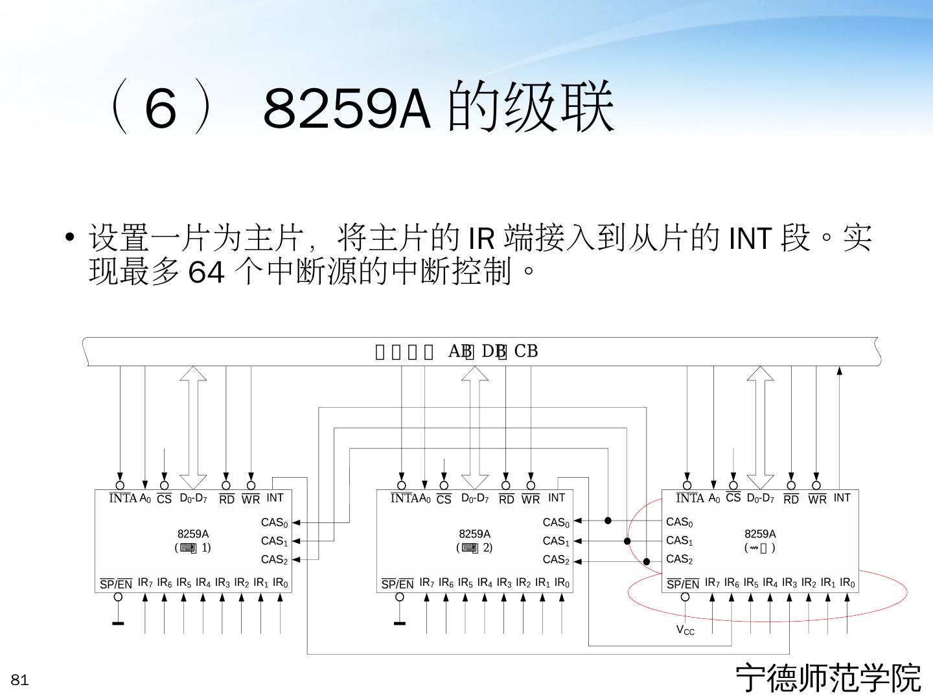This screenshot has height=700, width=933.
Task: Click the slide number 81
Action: coord(20,680)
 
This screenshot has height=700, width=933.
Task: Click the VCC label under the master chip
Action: coord(685,630)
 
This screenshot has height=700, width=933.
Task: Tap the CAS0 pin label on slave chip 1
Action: coord(274,522)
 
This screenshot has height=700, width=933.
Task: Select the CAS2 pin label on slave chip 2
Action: coord(556,560)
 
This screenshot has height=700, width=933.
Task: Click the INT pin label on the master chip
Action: coord(842,498)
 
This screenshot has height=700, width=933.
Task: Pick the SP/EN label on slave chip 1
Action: coord(116,584)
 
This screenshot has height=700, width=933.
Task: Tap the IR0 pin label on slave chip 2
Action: coord(562,583)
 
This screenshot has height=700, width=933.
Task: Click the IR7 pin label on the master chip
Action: coord(712,583)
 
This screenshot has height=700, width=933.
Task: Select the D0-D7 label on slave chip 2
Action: coord(475,498)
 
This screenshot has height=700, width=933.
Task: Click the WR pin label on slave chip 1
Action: coord(251,500)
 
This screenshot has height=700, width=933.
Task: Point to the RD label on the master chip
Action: coord(791,500)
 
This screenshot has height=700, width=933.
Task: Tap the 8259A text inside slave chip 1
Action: coord(192,534)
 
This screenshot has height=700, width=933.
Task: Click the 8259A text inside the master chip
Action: coord(760,534)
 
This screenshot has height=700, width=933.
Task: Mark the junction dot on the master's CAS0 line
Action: coord(608,520)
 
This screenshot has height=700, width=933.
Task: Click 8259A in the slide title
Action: coord(347,109)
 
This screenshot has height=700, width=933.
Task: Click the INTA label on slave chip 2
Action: coord(404,498)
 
